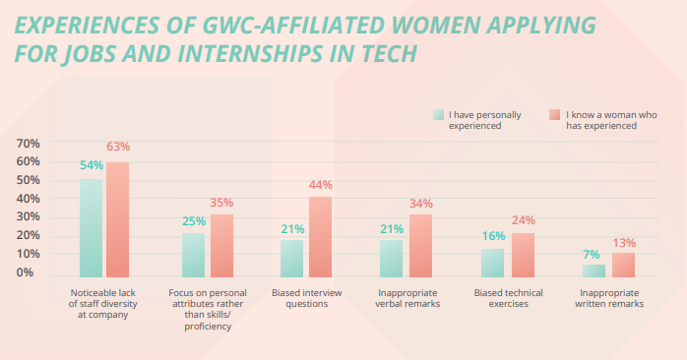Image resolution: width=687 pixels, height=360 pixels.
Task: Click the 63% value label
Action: tap(118, 147)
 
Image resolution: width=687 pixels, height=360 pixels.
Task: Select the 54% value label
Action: tap(92, 164)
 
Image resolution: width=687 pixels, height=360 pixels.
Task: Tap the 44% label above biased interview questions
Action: tap(321, 184)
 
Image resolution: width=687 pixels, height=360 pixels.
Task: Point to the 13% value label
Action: tap(624, 242)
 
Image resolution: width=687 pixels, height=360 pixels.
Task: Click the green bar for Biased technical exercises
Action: tap(492, 263)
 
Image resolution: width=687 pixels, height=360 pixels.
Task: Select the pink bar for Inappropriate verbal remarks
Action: tap(420, 246)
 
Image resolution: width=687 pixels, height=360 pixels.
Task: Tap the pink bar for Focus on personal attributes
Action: tap(221, 246)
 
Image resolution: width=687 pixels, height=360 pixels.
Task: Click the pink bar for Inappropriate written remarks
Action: tap(624, 266)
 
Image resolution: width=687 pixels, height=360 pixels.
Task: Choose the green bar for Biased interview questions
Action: tap(292, 259)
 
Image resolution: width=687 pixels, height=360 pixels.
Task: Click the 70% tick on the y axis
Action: tap(28, 144)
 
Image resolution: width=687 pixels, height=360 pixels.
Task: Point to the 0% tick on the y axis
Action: tap(31, 272)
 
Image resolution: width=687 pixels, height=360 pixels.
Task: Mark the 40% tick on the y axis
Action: tap(28, 199)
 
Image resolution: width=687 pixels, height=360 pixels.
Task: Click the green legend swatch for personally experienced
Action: tap(438, 115)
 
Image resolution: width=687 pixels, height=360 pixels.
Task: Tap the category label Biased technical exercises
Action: tap(509, 299)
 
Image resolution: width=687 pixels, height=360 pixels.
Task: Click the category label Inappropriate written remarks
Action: tap(609, 299)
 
